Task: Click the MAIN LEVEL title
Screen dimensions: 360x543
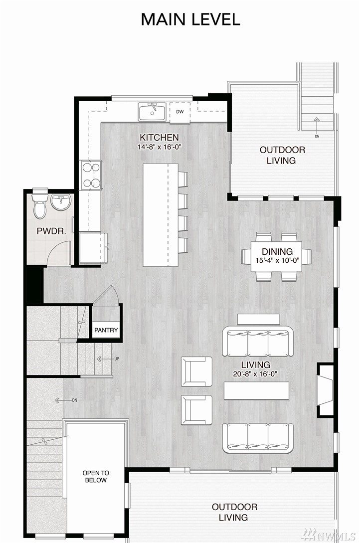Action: point(190,19)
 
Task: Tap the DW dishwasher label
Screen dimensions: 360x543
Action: point(180,112)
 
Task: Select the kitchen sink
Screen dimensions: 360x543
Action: point(152,112)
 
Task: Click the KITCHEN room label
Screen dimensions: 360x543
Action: point(159,137)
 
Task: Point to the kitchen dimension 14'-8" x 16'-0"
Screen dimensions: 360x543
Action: point(159,147)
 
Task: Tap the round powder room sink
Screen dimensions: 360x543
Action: point(61,201)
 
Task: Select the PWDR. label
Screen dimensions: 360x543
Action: point(51,231)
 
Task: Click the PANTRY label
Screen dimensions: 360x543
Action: point(106,330)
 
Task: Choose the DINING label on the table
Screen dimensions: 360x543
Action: point(277,251)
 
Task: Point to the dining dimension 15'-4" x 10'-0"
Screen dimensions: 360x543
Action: point(277,260)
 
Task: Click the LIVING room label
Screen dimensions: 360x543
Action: point(255,364)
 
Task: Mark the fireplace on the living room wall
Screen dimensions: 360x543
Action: point(326,389)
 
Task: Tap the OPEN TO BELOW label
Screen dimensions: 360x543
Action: point(96,477)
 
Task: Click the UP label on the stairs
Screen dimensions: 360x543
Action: point(117,359)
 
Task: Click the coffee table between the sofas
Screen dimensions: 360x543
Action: point(256,390)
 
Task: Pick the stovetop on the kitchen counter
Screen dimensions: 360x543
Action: point(91,175)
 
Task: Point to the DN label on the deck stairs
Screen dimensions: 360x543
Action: point(317,137)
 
